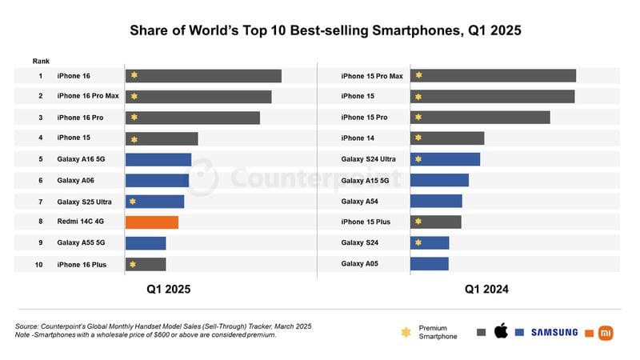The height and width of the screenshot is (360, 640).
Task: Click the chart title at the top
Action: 320,31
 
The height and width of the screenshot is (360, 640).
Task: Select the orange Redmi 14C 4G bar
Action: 151,222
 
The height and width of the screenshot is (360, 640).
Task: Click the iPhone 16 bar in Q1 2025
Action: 203,76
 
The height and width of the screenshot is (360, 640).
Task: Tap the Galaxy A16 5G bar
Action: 158,160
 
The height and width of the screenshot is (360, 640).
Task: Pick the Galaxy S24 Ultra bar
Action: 445,159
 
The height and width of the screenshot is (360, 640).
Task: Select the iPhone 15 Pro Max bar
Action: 493,76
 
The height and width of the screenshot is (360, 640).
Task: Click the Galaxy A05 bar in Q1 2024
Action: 429,264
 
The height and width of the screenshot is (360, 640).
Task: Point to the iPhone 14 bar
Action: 447,138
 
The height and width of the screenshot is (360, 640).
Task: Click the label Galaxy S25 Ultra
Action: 84,202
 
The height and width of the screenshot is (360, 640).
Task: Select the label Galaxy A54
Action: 360,202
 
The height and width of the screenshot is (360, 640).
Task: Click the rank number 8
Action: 40,222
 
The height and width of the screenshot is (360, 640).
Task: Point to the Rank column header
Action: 41,61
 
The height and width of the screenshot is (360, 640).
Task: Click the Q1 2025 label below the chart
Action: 168,290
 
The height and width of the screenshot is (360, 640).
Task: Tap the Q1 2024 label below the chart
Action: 486,290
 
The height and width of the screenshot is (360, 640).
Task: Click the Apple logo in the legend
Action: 502,331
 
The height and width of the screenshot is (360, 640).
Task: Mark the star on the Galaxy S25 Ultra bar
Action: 134,202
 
